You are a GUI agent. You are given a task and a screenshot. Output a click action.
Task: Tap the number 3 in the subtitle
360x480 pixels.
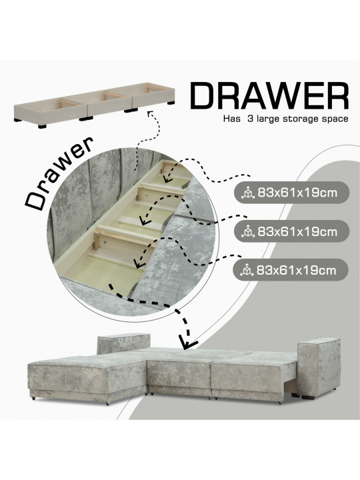250,119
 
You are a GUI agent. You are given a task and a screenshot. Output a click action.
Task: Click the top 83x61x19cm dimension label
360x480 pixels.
297,193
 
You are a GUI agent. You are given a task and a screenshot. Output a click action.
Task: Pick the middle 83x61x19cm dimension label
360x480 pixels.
297,232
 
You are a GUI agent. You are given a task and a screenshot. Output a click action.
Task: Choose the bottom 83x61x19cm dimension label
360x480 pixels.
296,270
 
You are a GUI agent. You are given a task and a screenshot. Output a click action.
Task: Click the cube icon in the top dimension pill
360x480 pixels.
248,193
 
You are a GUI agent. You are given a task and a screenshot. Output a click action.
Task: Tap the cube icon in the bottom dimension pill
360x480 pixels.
247,271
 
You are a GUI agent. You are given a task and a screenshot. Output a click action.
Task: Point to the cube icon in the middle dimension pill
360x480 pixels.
248,232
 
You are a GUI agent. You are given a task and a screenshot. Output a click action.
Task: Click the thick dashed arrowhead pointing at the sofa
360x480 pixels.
187,343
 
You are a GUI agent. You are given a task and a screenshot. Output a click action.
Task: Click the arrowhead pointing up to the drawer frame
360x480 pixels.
150,113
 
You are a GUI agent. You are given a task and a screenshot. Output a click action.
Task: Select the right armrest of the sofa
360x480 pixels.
319,367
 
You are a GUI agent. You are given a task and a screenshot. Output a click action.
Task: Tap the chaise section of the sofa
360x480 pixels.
87,379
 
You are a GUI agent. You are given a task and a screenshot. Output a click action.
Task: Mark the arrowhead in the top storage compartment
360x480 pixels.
167,177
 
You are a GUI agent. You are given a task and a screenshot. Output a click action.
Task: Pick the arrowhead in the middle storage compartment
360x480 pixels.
145,220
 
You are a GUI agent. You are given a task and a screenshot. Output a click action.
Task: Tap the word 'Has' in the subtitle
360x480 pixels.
232,119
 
